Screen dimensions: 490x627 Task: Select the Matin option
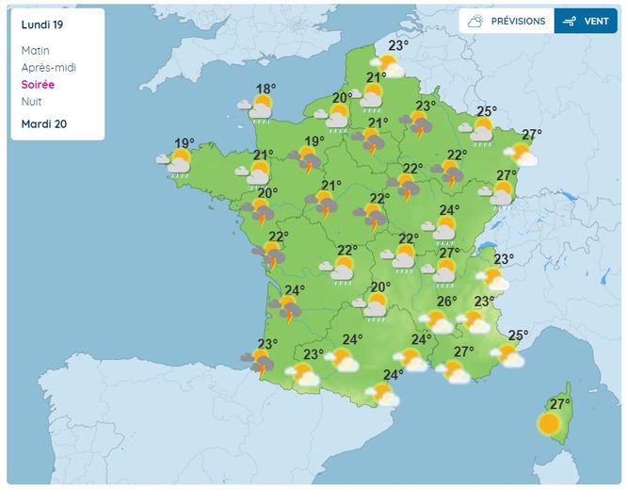tap(35, 51)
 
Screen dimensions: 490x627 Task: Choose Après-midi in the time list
tap(48, 68)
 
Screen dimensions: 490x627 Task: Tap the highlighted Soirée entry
tap(39, 85)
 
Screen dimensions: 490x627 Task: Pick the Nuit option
tap(31, 102)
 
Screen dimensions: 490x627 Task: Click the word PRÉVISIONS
tap(516, 21)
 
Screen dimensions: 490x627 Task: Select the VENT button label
tap(596, 21)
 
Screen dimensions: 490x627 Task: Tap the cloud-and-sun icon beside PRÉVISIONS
tap(476, 21)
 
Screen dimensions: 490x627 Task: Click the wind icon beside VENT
tap(568, 21)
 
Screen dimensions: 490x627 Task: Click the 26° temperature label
tap(447, 302)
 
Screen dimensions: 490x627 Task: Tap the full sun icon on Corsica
tap(549, 424)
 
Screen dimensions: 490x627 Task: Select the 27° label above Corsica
tap(560, 404)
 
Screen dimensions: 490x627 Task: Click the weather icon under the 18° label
tap(262, 107)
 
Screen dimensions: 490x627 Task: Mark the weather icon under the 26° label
tap(437, 321)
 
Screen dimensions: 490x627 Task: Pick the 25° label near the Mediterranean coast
tap(518, 335)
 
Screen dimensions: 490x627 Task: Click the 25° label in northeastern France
tap(487, 111)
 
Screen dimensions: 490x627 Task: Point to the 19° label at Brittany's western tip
tap(185, 144)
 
